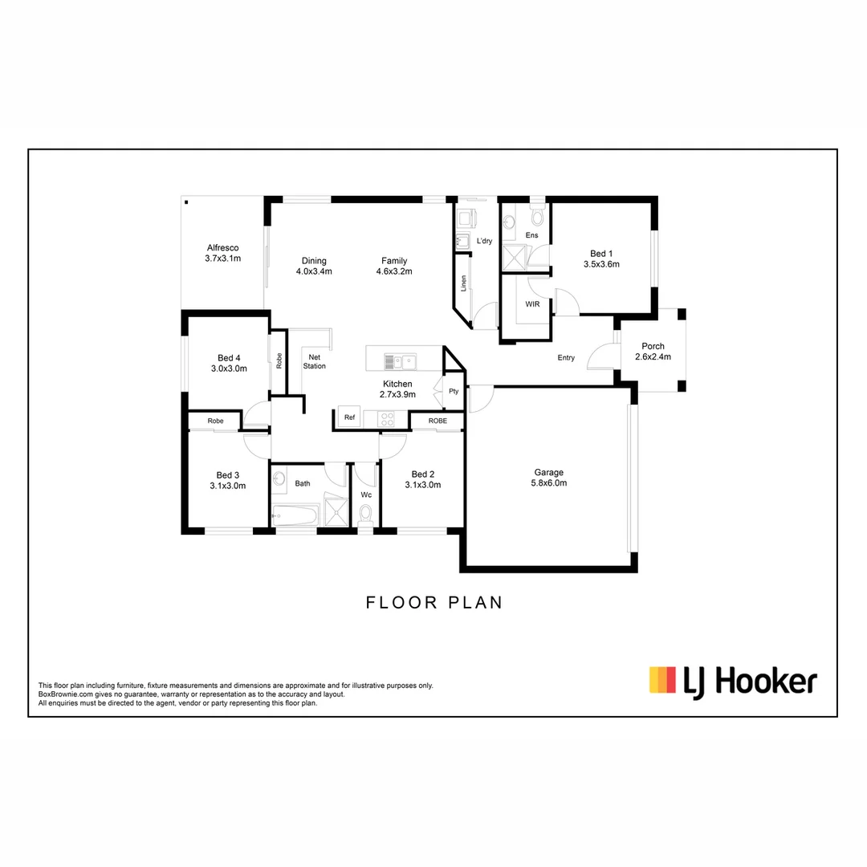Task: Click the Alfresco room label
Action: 223,248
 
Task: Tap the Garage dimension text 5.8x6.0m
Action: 549,483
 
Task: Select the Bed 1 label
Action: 600,254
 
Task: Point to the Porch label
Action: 653,347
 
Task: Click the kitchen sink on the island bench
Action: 399,361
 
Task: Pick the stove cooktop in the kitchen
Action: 386,418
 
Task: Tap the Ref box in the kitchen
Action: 349,417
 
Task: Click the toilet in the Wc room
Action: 366,515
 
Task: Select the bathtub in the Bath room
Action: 295,515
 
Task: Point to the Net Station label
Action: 315,360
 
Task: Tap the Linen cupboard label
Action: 463,283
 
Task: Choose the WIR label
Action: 532,304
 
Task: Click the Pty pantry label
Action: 454,392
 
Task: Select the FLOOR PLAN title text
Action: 434,602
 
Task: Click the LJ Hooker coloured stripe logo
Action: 662,679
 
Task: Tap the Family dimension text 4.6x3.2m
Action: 394,271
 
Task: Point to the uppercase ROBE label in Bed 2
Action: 438,421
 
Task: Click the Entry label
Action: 566,358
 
